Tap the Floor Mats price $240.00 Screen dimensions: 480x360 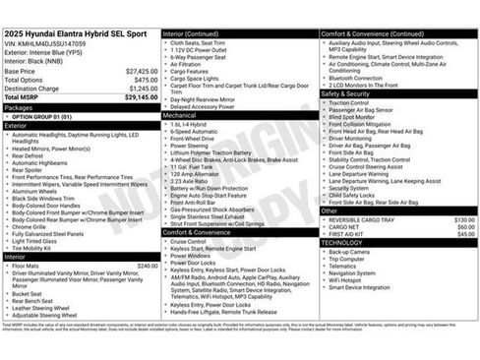point(148,266)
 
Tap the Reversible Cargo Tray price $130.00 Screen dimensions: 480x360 point(464,219)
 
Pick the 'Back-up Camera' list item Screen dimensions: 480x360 point(350,251)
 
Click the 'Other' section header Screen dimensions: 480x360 point(330,210)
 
